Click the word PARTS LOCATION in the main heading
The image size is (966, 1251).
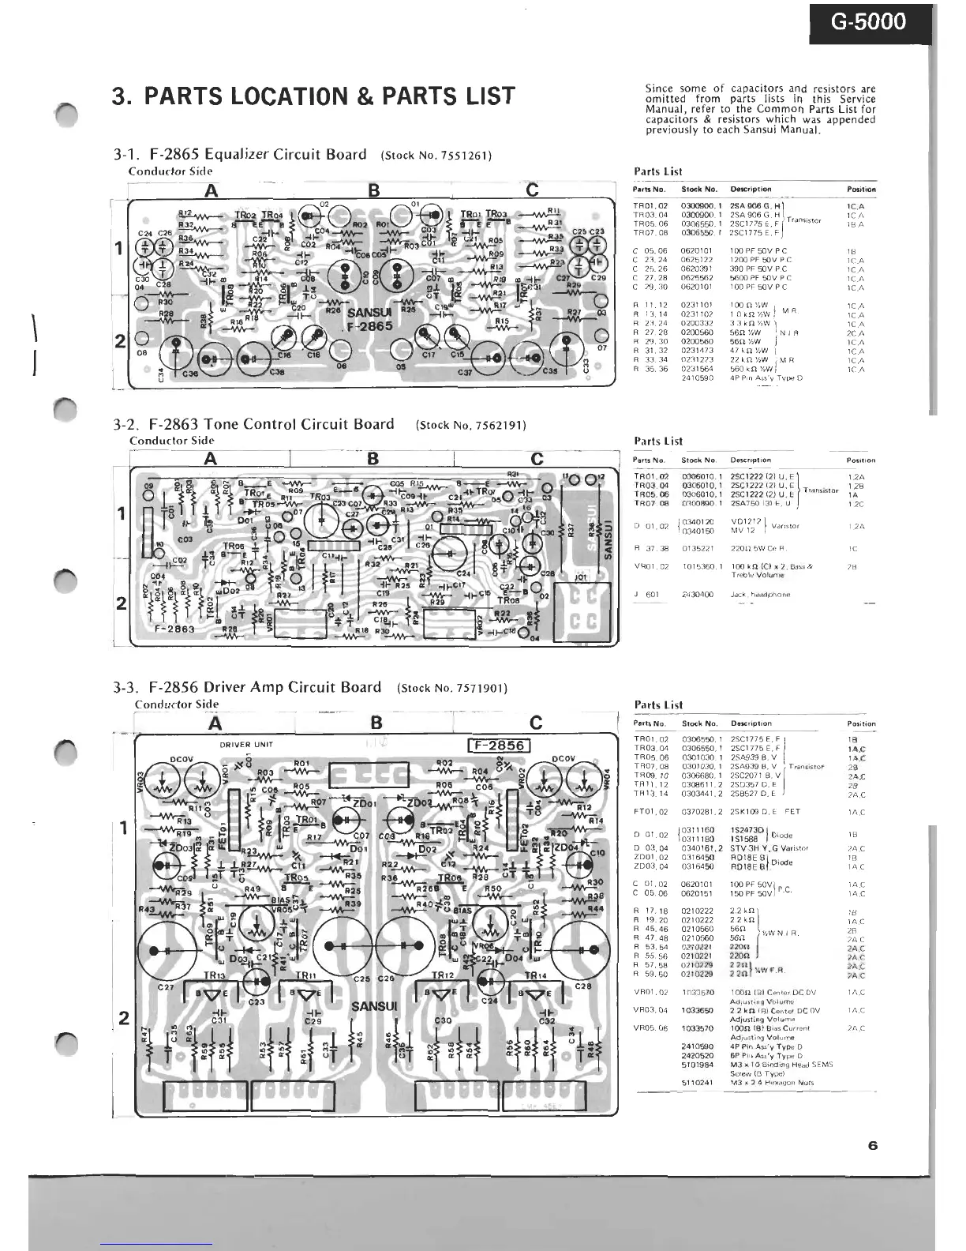tap(245, 96)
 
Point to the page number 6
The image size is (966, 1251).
tap(872, 1146)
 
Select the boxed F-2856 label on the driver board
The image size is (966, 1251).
tap(499, 746)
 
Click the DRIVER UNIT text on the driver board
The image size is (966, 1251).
tap(246, 745)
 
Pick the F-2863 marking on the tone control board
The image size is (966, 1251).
tap(174, 629)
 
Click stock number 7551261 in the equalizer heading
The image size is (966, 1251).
tap(460, 156)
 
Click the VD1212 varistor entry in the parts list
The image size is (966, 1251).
tap(745, 521)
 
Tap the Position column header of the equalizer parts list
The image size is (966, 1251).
tap(861, 190)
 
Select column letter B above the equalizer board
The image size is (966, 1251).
tap(374, 190)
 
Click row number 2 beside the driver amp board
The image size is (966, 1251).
tap(123, 1018)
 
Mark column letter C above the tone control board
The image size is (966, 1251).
tap(537, 460)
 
